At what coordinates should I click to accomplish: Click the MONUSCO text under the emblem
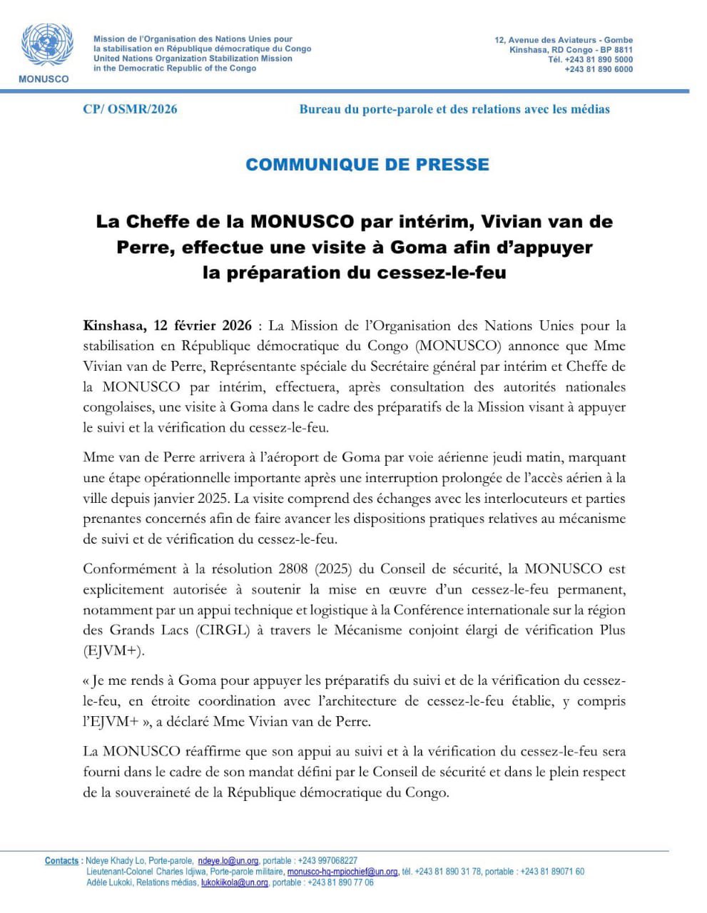(44, 78)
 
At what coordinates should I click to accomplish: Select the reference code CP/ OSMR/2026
(130, 109)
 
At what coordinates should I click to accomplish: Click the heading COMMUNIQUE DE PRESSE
(367, 164)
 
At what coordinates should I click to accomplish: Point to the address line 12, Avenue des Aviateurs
(564, 40)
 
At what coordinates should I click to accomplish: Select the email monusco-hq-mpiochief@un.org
(342, 872)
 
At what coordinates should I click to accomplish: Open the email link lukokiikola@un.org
(234, 882)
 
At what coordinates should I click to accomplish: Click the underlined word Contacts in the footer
(62, 861)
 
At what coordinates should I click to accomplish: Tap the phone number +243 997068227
(328, 861)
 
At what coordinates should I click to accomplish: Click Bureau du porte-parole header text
(454, 109)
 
